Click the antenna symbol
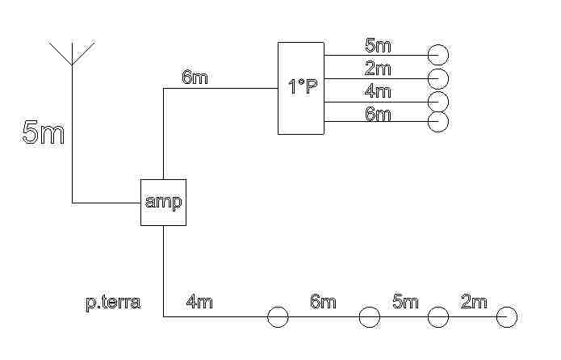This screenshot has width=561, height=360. click(73, 52)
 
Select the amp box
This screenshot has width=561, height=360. click(163, 202)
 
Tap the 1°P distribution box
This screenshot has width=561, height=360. click(301, 88)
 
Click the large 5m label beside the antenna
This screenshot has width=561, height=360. click(44, 132)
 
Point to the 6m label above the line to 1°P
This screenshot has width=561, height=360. click(195, 77)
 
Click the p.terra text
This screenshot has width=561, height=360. click(113, 303)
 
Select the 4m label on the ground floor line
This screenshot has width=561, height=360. click(199, 303)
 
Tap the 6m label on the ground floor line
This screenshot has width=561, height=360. click(323, 303)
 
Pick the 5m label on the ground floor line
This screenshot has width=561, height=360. click(405, 303)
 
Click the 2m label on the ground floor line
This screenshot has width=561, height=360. click(474, 303)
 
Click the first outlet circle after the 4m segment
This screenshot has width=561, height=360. click(278, 317)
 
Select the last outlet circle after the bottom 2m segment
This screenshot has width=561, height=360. click(507, 317)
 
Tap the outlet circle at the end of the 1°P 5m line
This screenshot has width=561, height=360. click(438, 55)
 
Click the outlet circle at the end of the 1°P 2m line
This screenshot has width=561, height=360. click(438, 78)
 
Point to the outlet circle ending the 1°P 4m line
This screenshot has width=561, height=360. click(438, 102)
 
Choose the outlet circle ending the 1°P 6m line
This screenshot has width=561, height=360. click(438, 122)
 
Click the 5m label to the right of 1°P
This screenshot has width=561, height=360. click(378, 44)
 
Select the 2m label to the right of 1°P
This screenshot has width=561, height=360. click(378, 68)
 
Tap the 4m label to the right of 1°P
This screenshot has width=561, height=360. click(378, 91)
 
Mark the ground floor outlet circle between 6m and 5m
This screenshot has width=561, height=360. click(370, 317)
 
